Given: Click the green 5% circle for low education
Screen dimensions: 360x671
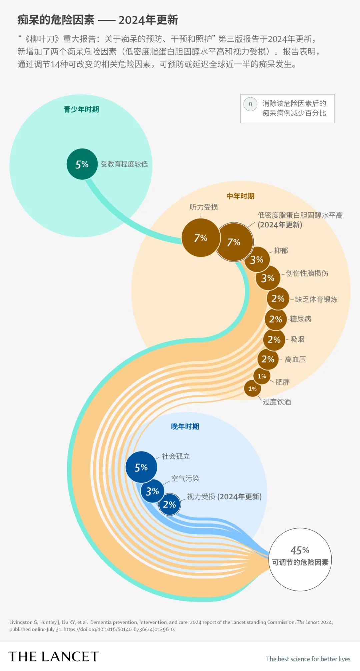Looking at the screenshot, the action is [82, 164].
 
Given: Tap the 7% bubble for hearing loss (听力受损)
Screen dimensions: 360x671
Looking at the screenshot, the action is [201, 238].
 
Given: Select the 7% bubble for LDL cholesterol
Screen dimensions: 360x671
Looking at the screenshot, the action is [234, 242].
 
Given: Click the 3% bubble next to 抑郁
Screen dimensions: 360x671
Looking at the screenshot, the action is [257, 259].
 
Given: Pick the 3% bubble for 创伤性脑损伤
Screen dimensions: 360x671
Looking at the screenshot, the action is [268, 278].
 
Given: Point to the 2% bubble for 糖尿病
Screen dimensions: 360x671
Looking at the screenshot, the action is [276, 319].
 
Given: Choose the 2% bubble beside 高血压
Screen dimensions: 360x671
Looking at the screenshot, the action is [268, 359].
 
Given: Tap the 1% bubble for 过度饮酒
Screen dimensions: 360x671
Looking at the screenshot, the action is [252, 389].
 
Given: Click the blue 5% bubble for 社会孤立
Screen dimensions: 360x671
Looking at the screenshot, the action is [141, 467].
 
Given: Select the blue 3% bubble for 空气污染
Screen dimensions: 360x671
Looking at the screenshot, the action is [152, 491].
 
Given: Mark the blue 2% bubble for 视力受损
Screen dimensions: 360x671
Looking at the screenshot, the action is [169, 504].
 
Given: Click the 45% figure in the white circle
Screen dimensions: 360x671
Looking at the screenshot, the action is [300, 550].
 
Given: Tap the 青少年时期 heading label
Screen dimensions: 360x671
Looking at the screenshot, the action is [81, 109].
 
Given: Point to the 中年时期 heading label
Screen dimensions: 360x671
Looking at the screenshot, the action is [240, 196].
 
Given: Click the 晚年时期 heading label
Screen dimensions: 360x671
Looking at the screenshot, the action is [185, 427].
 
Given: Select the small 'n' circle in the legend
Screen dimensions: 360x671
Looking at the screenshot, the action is [250, 104].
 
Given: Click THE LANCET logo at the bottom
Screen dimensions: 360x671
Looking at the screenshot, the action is [54, 656].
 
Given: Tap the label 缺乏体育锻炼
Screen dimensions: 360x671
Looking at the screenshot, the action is [316, 299].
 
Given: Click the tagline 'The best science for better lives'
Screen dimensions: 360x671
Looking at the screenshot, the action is [308, 659].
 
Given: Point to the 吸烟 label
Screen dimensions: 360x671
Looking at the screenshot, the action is [297, 339].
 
